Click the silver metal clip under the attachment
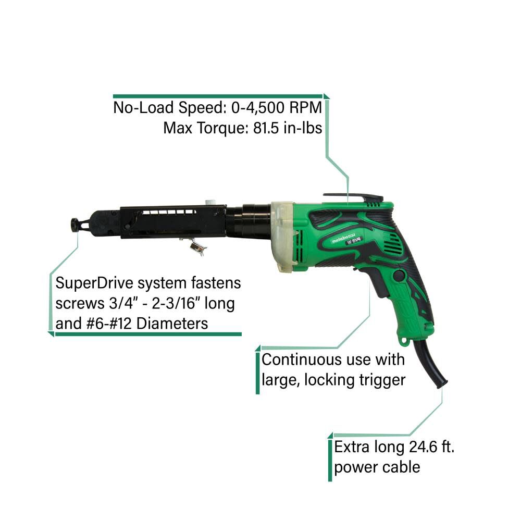click(195, 246)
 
